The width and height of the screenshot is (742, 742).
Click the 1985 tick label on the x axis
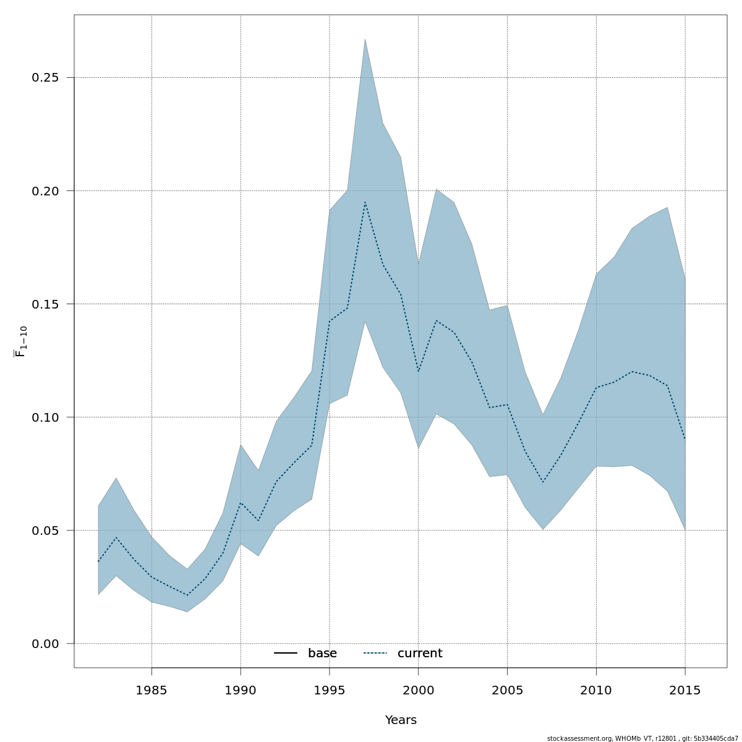(x=151, y=691)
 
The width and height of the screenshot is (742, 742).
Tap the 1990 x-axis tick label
(x=241, y=691)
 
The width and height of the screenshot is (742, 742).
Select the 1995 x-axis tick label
(x=330, y=691)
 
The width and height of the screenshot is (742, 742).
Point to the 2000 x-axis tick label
(x=418, y=691)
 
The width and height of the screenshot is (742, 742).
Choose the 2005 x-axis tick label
(x=507, y=691)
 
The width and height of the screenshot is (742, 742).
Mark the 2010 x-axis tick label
(x=596, y=691)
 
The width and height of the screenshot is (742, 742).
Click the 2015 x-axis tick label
(x=685, y=691)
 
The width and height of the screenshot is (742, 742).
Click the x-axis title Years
(x=401, y=720)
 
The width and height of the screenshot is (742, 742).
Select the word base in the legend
(x=322, y=654)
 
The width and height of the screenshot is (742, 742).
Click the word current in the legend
(x=420, y=654)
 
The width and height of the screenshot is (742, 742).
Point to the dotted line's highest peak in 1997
(x=365, y=202)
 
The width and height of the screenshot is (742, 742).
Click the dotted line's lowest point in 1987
(x=187, y=595)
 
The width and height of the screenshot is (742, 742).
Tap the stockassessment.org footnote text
(x=642, y=738)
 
